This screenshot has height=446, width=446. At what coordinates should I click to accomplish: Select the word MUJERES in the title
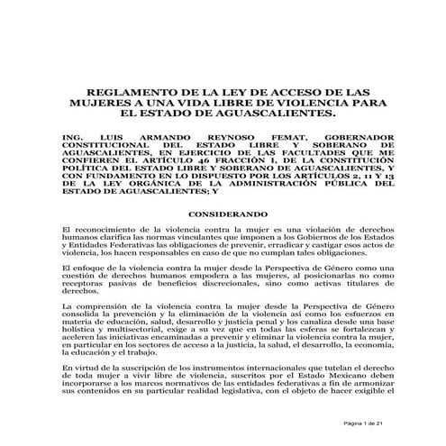93,105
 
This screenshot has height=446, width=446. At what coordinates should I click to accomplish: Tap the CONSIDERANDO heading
223,214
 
